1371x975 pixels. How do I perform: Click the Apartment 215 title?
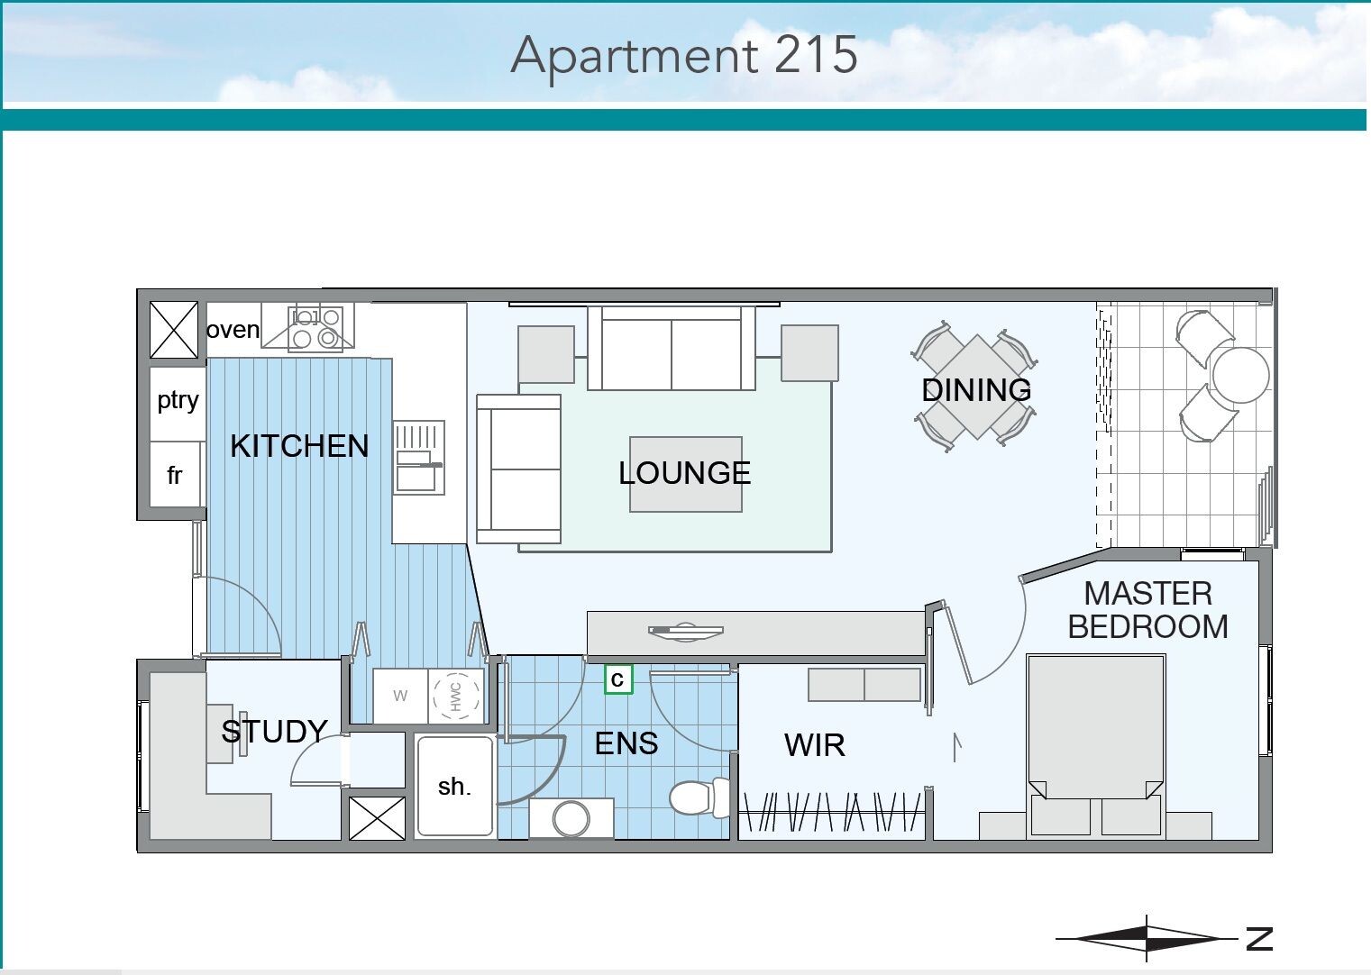683,56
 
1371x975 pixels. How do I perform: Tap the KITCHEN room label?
299,445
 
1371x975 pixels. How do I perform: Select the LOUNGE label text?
684,473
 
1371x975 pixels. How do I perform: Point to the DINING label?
976,390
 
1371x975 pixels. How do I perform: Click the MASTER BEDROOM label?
1147,610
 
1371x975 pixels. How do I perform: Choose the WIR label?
814,745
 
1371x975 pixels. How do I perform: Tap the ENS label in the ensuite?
626,743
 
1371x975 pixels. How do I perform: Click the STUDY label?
274,732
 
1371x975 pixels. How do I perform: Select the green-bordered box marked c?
618,679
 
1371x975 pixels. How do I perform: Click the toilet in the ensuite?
699,797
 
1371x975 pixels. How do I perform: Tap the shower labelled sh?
455,786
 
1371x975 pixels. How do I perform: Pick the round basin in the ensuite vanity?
571,818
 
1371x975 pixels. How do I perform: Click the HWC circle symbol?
456,696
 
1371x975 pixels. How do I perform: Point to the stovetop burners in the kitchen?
315,328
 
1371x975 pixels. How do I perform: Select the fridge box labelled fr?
175,474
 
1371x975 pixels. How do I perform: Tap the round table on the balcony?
1240,375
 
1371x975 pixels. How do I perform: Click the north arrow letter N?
1259,938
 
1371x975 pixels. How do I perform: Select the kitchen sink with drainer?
418,457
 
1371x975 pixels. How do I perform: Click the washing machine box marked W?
400,696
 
